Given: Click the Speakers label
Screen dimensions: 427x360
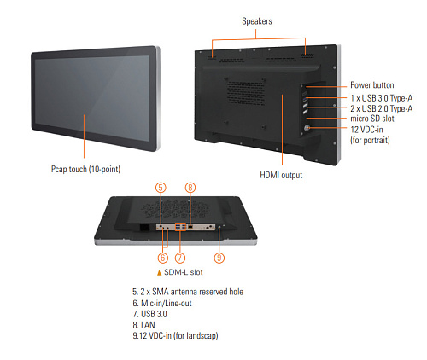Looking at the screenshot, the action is tap(257, 21).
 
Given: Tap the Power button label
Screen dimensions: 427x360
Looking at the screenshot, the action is tap(372, 85).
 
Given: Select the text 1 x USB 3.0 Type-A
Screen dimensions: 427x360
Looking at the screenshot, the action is tap(382, 98).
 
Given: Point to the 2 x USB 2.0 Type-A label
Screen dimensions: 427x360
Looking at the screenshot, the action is tap(382, 108).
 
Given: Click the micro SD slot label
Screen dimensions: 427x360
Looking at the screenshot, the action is tap(372, 119).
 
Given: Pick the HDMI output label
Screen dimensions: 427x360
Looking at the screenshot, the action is tap(281, 175).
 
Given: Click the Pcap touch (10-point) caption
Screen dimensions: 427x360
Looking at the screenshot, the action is tap(85, 169).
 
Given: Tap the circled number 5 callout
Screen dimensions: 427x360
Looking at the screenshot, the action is tap(161, 188).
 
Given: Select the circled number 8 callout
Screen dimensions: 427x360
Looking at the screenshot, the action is tap(190, 188).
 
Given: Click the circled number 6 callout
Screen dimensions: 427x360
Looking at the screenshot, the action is tap(163, 258).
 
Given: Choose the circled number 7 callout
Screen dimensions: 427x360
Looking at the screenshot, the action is tap(180, 258).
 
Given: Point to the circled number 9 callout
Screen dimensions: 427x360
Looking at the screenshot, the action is tap(219, 258).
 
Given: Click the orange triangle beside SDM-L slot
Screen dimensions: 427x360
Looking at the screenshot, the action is tap(159, 273).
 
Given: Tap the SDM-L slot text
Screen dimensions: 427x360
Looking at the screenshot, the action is tap(184, 272).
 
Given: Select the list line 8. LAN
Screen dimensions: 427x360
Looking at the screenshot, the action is tap(143, 325).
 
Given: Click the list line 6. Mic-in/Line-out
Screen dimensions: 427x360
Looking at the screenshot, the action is tap(162, 303).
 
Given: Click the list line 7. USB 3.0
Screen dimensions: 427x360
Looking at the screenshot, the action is tap(149, 314).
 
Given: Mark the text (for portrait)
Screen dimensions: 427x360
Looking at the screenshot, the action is tap(370, 140).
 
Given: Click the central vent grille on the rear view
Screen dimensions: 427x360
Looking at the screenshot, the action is tap(245, 92).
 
